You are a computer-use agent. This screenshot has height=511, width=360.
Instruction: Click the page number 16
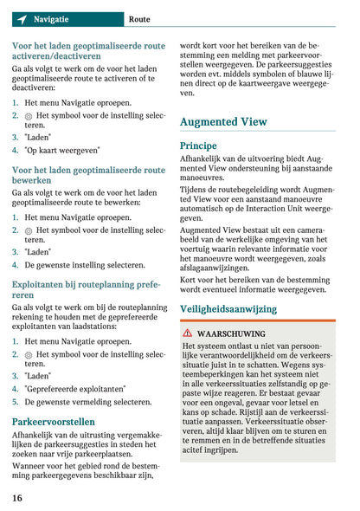point(17,497)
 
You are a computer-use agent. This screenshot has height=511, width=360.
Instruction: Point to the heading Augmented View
point(223,122)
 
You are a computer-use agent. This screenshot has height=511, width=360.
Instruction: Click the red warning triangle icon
point(188,333)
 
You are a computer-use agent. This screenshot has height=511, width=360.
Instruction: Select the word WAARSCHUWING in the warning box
point(231,333)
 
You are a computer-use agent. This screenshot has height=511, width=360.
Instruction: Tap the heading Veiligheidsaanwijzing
point(228,309)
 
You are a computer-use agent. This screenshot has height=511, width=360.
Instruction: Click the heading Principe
point(198,146)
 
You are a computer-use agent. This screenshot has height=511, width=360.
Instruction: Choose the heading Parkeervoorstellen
point(54,422)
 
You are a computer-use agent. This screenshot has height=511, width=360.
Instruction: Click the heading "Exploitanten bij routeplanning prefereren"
point(87,289)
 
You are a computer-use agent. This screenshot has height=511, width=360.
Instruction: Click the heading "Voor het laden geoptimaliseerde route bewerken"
point(88,177)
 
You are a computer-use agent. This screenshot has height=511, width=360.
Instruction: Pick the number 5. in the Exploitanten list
point(16,402)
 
